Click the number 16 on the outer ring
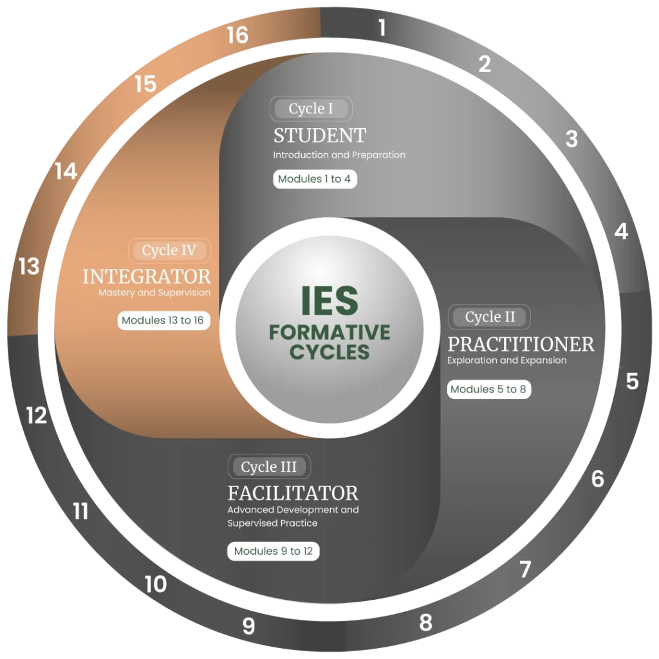237,35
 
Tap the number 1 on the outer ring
382,28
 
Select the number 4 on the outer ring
621,231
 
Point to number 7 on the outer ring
525,570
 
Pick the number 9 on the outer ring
249,626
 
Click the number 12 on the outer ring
37,415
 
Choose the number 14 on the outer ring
66,171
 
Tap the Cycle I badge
311,108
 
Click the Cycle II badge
489,317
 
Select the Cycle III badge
269,467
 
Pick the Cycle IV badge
169,250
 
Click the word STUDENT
320,135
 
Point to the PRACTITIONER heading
521,344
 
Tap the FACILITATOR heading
293,493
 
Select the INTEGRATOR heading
147,277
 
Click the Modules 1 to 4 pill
315,179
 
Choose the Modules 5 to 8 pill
489,389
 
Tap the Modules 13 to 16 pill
163,320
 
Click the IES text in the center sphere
330,301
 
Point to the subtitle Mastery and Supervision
154,293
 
